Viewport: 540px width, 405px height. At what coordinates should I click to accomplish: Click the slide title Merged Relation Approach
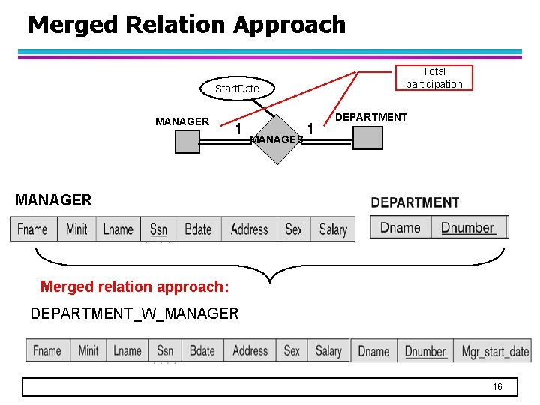click(187, 25)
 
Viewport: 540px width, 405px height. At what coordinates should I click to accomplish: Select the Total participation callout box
click(434, 77)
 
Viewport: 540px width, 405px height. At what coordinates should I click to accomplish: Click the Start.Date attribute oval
click(236, 88)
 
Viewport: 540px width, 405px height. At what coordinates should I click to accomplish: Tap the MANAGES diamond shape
click(277, 139)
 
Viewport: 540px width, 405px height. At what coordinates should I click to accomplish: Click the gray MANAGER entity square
click(187, 141)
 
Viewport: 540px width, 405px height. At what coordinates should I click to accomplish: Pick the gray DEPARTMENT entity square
click(367, 138)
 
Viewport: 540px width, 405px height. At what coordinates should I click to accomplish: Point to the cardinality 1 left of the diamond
click(238, 129)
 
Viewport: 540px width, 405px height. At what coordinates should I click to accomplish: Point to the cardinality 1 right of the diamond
click(310, 129)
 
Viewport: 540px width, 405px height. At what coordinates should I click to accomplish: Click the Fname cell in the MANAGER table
click(33, 229)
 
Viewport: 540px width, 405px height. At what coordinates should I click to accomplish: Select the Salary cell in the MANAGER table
click(333, 229)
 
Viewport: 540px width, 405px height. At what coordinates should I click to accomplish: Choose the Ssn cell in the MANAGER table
click(158, 229)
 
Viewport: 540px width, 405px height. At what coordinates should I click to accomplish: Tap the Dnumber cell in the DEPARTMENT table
click(468, 227)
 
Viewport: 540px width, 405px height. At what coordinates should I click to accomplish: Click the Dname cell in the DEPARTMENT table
click(400, 227)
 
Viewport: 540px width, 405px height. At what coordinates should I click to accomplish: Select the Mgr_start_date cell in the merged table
click(494, 351)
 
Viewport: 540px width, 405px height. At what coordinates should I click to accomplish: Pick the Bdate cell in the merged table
click(202, 350)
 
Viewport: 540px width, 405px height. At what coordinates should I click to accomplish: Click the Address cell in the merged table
click(250, 350)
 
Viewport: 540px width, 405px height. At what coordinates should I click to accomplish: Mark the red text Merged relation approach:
click(134, 286)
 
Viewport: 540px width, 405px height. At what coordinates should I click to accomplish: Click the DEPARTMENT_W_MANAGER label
click(134, 313)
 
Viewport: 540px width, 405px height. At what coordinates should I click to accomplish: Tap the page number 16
click(496, 386)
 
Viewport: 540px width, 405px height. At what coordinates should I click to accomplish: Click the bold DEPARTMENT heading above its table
click(415, 202)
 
